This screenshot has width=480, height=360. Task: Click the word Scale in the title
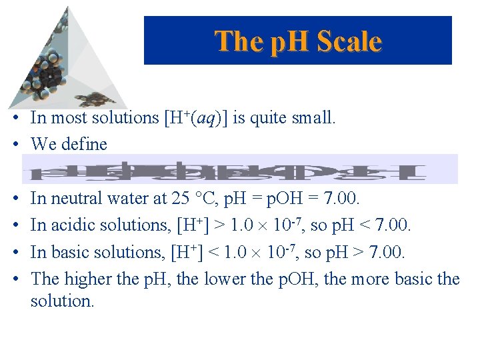(x=348, y=41)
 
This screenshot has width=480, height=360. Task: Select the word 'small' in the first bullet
(x=315, y=118)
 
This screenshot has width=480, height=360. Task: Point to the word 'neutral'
(x=75, y=198)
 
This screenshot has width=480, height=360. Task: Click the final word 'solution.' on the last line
(x=63, y=301)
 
